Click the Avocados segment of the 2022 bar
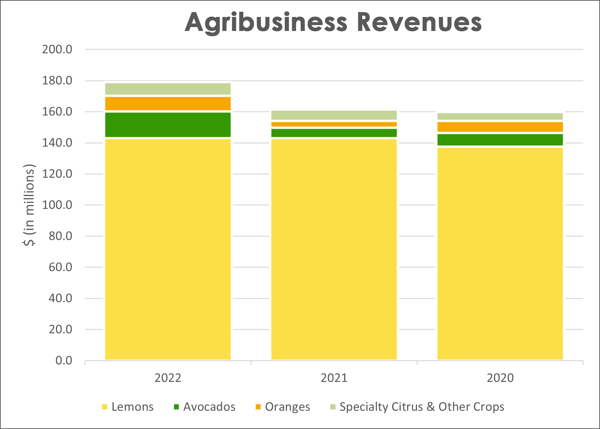tap(168, 125)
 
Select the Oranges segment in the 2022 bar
tap(168, 104)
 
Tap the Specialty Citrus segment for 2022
tap(168, 89)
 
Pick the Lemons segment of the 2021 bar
tap(334, 249)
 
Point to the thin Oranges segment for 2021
tap(334, 124)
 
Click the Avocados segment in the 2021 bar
tap(334, 133)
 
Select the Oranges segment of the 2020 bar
tap(500, 127)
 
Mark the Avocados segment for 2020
tap(500, 140)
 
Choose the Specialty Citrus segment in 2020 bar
tap(500, 116)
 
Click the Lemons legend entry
tap(128, 407)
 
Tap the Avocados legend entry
tap(205, 407)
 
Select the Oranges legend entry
tap(283, 407)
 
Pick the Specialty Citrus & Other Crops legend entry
tap(417, 407)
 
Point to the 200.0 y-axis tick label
tap(57, 49)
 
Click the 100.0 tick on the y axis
tap(57, 205)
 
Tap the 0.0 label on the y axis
tap(64, 360)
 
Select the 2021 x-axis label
tap(334, 378)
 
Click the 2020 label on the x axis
tap(500, 378)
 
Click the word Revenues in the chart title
tap(419, 22)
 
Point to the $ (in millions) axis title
tap(29, 205)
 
